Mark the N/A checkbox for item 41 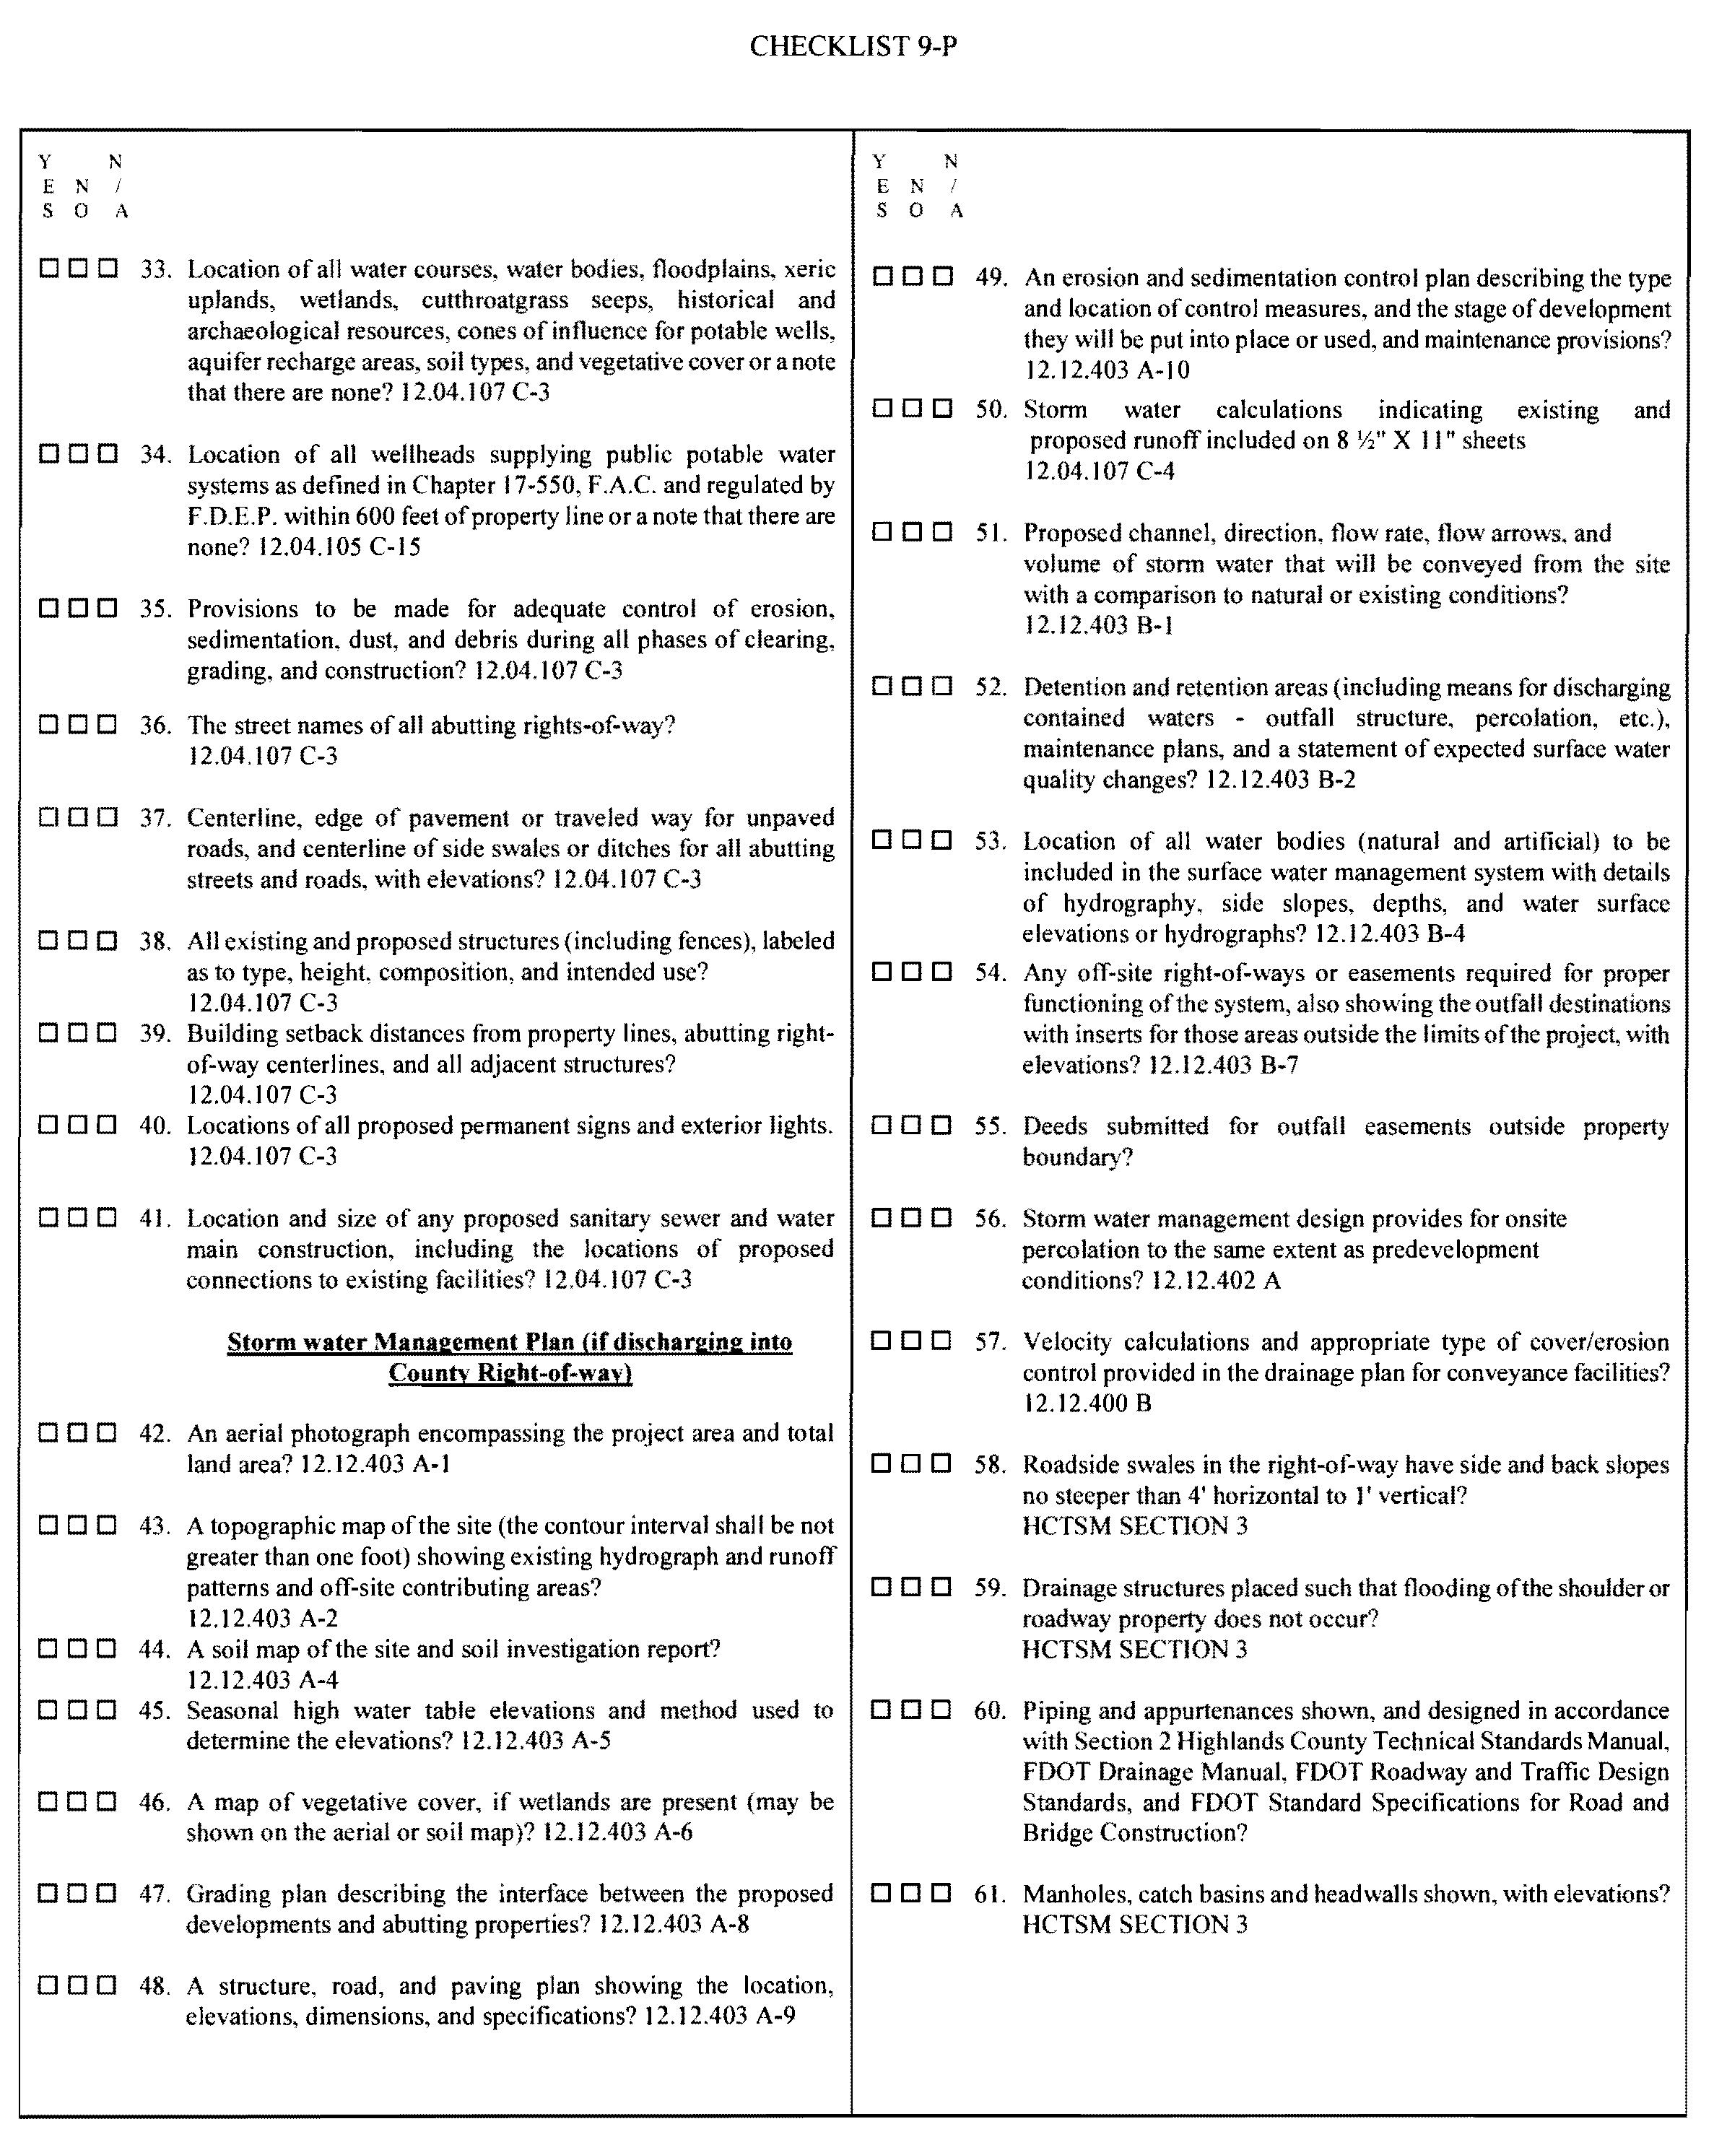108,1217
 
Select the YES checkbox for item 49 883,277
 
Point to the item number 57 989,1342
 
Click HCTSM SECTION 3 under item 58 1134,1526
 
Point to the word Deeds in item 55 1055,1127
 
